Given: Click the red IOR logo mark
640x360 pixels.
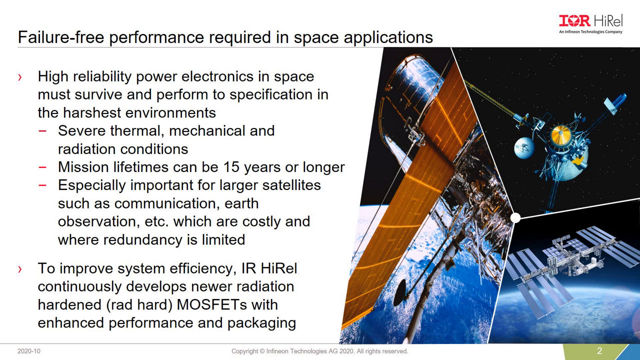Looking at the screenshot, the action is coord(574,21).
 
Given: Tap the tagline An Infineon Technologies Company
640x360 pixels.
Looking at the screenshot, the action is coord(590,31).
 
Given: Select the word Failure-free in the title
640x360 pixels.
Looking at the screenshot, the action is coord(61,37).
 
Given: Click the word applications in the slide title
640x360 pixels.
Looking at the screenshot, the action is coord(388,37).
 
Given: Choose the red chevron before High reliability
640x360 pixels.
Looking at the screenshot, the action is coord(19,77).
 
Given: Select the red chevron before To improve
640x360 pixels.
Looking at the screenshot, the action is coord(19,269).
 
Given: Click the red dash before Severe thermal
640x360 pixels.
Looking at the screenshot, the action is coord(42,131).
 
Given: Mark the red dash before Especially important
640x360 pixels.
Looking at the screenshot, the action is coord(42,185).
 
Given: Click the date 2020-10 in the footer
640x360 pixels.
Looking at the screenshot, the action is coord(29,351).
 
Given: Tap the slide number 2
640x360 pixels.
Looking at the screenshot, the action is coord(599,351).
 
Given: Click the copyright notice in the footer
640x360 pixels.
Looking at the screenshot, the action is coord(319,351).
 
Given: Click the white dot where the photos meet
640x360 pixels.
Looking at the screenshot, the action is coord(515,218).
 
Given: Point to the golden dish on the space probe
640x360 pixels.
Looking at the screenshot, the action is coord(561,134).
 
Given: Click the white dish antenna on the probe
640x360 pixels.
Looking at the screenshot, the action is coord(524,147).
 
